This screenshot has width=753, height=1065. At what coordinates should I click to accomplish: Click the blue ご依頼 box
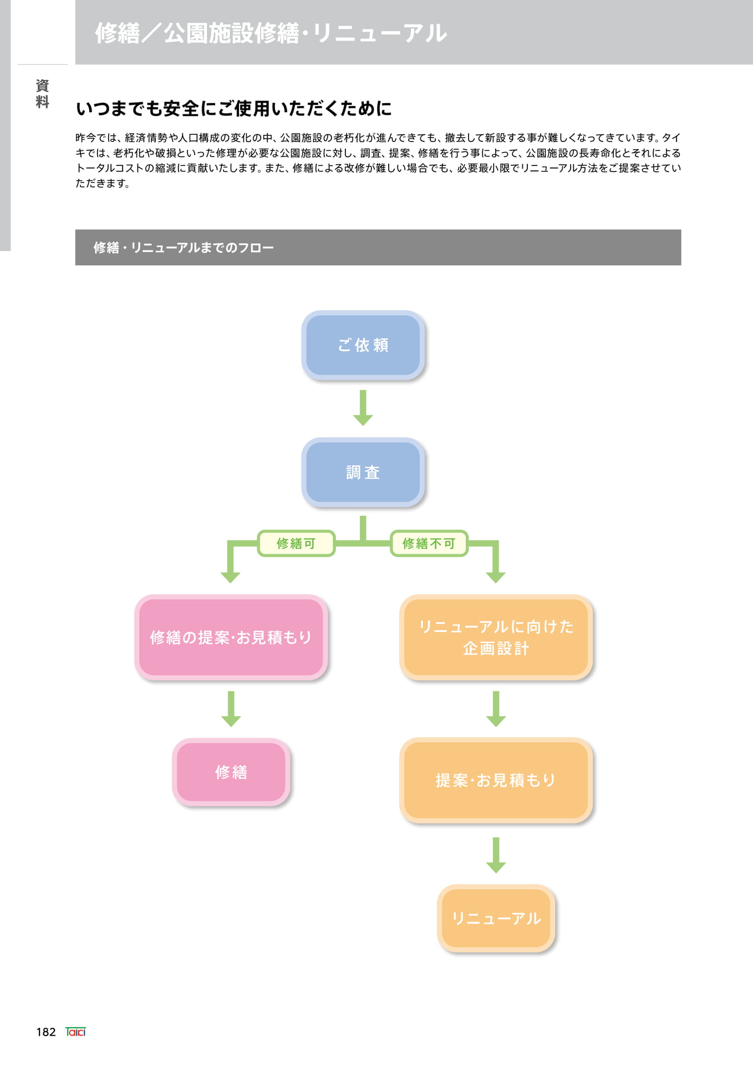point(363,345)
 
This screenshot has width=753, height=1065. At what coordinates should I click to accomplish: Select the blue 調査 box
point(363,472)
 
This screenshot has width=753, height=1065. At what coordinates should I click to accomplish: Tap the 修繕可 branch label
point(296,543)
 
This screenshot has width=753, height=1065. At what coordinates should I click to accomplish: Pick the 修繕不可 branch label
point(429,543)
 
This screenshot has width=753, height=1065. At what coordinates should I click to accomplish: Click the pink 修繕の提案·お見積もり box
point(231,637)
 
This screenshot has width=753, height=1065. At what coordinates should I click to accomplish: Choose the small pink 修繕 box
point(231,772)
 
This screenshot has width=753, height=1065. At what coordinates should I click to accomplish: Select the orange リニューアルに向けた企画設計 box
point(496,637)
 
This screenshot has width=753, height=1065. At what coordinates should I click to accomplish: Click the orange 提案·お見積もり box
point(496,780)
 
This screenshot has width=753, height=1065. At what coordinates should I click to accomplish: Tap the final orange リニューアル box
point(496,918)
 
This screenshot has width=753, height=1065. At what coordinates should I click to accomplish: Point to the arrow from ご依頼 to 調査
point(363,408)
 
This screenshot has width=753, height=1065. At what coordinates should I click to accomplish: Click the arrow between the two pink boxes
point(231,709)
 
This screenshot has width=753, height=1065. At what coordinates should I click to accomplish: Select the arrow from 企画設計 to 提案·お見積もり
point(496,709)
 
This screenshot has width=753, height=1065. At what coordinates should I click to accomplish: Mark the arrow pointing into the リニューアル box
point(496,855)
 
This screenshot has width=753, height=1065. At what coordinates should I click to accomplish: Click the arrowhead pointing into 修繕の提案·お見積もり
point(230,577)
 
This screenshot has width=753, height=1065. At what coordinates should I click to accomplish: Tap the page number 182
point(46,1032)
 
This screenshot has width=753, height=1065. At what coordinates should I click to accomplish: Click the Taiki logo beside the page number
point(75,1032)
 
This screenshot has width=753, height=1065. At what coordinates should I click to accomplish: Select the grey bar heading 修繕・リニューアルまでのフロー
point(378,247)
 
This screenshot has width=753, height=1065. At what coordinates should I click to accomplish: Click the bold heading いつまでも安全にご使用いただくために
point(233,108)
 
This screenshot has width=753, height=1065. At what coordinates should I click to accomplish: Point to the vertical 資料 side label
point(42,93)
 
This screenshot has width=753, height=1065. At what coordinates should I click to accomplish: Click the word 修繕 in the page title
point(118,33)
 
